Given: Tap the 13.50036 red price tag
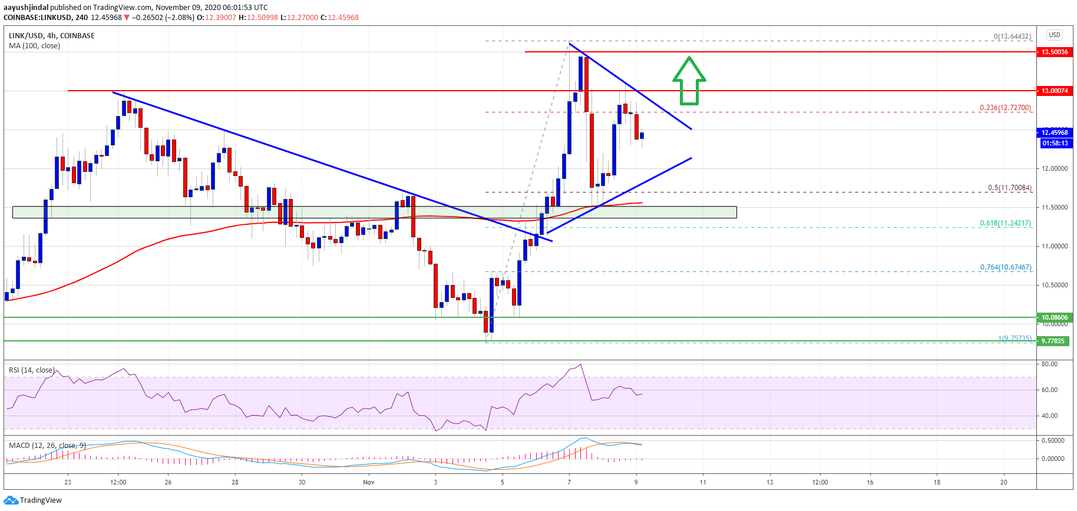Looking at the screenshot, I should point(1054,52).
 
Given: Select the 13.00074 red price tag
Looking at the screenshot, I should point(1054,91).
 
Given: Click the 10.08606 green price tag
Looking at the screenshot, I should point(1054,317).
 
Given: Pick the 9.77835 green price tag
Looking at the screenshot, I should point(1053,341).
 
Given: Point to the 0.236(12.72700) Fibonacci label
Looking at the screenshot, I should point(1005,108).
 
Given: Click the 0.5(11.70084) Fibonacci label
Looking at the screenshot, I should point(1009,188).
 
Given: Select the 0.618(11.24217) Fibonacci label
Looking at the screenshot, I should point(1005,223).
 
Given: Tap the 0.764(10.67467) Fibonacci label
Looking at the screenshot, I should point(1005,267).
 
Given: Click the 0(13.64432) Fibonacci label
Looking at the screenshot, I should point(1012,36).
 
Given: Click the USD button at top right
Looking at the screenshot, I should point(1054,35).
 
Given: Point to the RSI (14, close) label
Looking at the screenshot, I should point(32,370).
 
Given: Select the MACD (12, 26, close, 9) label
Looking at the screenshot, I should point(47,445).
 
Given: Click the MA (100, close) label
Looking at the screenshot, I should point(34,46).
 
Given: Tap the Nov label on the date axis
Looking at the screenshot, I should point(369,482).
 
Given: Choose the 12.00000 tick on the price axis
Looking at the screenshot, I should point(1054,168).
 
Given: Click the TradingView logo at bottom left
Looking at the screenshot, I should point(33,500).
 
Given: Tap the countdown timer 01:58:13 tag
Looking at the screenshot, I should point(1055,143).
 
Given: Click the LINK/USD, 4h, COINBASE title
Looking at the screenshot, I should point(52,36).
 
